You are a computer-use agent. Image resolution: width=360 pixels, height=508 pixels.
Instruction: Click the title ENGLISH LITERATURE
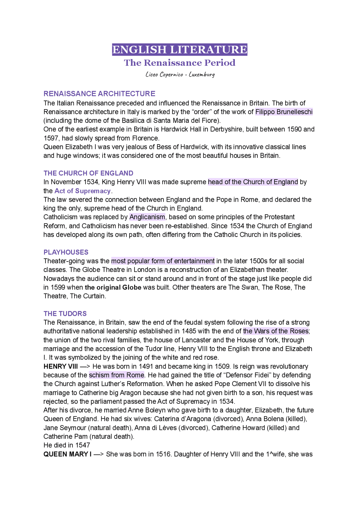click(180, 50)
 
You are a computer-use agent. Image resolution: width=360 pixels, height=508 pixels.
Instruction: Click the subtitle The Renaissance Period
click(180, 63)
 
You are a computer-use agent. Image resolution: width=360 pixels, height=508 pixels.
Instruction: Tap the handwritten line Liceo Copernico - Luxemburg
click(180, 74)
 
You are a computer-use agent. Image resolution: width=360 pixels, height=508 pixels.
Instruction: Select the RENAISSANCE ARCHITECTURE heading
click(99, 94)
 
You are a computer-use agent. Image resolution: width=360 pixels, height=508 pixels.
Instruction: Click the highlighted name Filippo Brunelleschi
click(284, 112)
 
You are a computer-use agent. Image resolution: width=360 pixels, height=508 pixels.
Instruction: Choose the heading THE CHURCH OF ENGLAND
click(88, 173)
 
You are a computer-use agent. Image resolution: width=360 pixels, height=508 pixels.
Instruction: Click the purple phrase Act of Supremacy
click(82, 191)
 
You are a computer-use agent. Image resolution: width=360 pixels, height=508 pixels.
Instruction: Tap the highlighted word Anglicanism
click(147, 217)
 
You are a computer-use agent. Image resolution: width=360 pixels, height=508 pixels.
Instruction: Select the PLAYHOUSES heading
click(66, 252)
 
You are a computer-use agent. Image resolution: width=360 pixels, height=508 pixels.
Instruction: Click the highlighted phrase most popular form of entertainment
click(163, 261)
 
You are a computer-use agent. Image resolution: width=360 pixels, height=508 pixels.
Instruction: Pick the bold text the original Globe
click(113, 287)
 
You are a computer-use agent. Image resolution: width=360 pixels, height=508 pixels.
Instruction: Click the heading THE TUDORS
click(65, 314)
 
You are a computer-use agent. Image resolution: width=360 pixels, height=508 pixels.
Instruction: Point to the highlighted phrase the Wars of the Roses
click(276, 331)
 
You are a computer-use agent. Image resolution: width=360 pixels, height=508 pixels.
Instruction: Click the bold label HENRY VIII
click(60, 366)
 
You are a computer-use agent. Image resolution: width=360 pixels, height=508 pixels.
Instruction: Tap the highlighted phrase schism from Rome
click(116, 375)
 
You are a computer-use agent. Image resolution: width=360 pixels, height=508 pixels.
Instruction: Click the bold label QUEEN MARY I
click(67, 454)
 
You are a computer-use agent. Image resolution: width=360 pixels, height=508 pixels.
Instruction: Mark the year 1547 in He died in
click(82, 445)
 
